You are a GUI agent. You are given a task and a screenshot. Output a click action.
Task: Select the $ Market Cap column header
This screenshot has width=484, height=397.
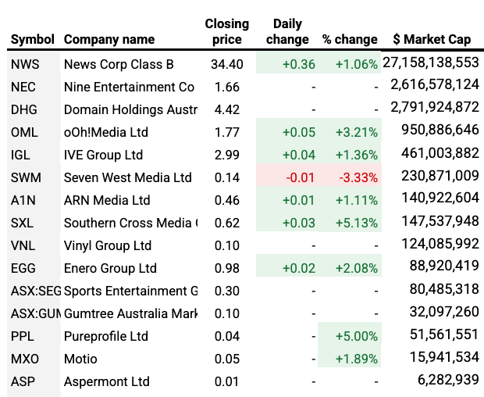[432, 39]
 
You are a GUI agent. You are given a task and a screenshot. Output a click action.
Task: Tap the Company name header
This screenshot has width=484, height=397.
[109, 39]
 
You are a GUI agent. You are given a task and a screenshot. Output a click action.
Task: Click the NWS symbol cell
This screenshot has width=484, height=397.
[26, 64]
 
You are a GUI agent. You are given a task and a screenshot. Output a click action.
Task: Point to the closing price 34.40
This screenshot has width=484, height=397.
[227, 64]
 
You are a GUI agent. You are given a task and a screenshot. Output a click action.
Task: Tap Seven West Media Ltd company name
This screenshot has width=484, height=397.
[127, 177]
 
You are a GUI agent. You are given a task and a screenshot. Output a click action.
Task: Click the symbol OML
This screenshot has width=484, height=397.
[25, 132]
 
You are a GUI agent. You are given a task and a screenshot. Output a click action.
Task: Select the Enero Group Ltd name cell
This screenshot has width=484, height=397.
[110, 268]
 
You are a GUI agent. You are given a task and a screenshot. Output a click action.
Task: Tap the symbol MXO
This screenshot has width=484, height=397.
[25, 359]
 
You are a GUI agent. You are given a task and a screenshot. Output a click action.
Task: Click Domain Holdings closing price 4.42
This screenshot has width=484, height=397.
[226, 109]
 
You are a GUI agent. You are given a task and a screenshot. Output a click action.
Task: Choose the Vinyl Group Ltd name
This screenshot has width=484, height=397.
[108, 245]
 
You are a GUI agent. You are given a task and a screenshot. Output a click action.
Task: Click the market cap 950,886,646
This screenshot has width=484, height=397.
[440, 132]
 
